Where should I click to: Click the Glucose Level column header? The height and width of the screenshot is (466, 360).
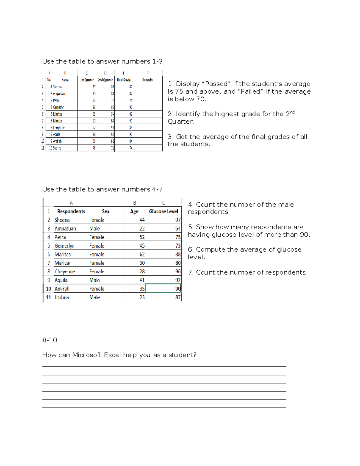163,211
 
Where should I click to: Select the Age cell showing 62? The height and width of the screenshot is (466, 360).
142,254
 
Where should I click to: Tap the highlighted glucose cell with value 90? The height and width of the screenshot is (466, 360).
163,289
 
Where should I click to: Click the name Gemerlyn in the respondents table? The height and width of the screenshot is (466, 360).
64,246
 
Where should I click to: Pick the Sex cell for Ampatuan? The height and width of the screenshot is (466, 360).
94,229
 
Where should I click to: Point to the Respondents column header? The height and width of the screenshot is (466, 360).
71,211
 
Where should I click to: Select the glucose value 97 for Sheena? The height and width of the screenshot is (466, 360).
178,220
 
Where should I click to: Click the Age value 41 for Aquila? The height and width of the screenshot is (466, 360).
142,280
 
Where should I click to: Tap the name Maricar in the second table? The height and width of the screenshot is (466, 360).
63,263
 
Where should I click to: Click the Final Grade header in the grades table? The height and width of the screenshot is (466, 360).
124,80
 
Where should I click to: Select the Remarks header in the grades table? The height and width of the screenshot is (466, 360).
147,80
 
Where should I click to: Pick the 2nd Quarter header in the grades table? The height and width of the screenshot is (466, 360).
105,80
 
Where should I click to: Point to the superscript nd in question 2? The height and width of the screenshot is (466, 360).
292,112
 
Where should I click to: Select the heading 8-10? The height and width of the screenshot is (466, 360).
50,340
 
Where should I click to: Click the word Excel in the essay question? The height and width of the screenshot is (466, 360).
112,355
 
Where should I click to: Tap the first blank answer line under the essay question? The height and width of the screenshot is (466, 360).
164,366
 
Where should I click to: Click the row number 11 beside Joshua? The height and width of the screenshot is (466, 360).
48,297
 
